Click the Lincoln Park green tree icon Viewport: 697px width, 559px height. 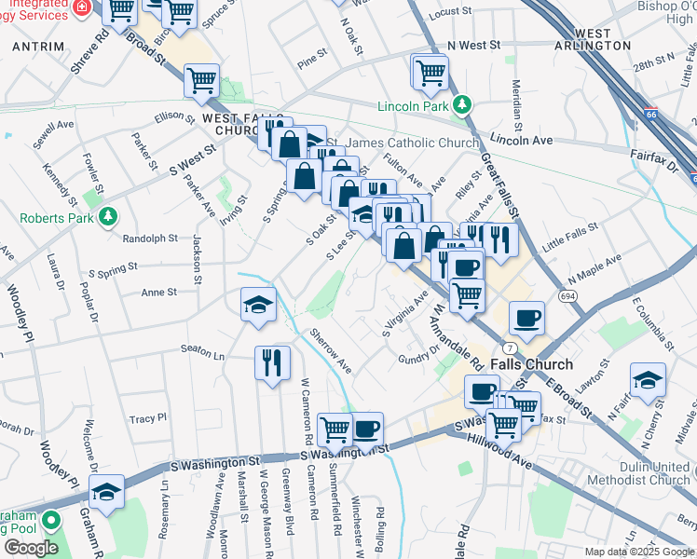pos(459,105)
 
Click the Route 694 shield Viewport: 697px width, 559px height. pos(567,295)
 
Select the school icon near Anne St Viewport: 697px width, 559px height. pos(259,304)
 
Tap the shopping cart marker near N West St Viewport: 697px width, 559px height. pos(430,72)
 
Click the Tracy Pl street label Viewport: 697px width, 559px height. pos(148,418)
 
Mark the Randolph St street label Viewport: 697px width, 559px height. pos(136,238)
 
